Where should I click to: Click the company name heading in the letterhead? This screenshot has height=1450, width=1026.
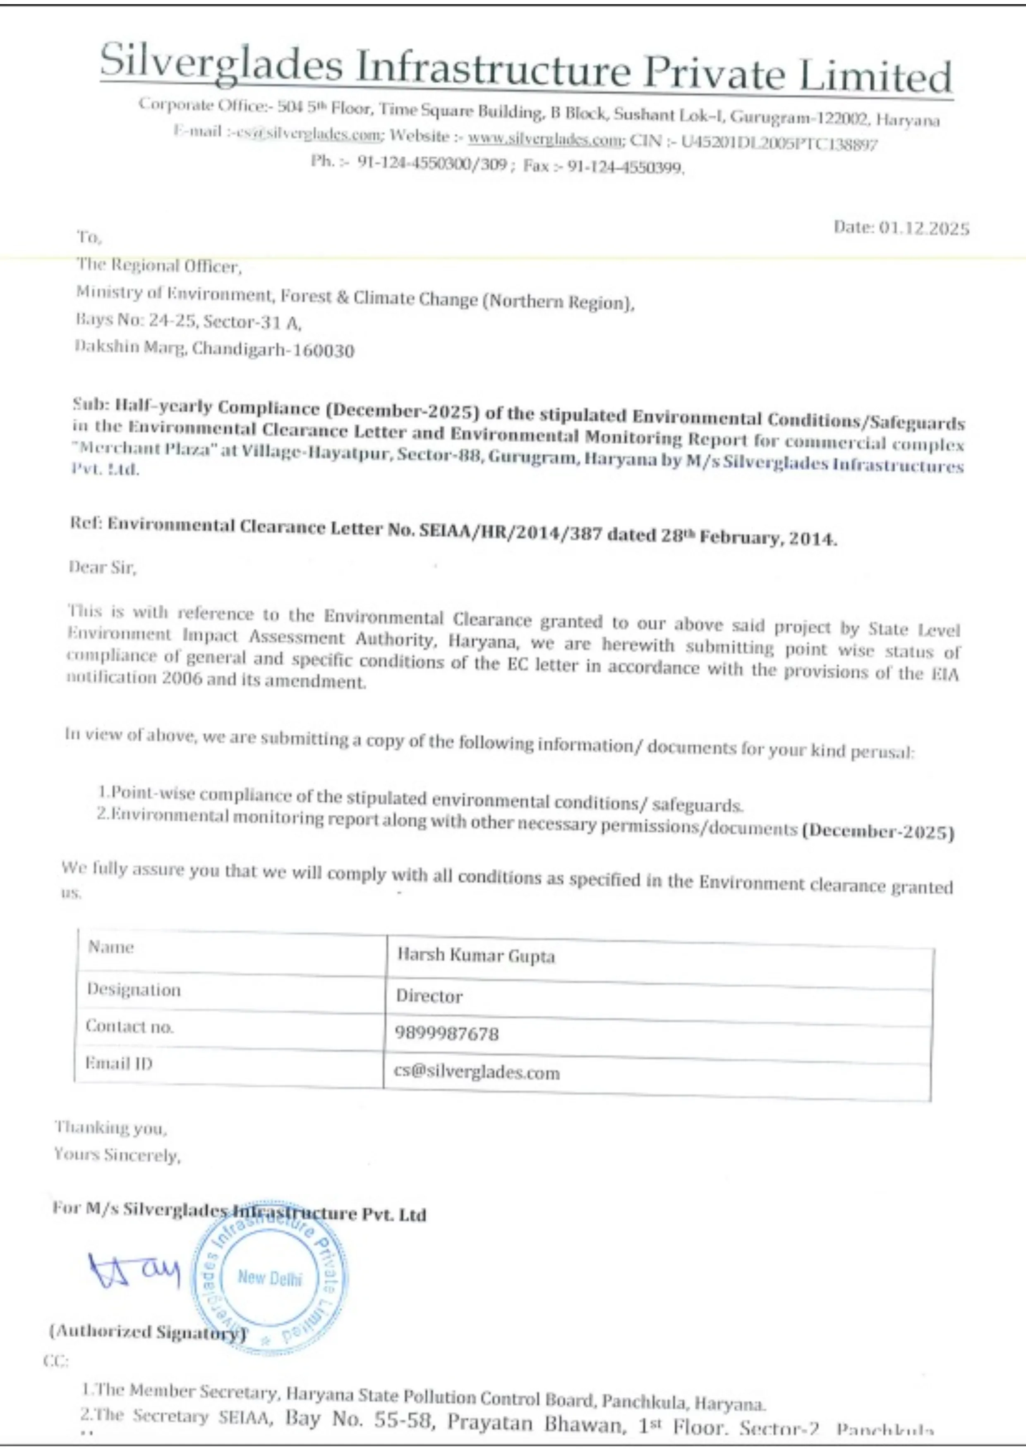[x=526, y=68]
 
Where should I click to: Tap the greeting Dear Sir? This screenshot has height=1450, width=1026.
[x=102, y=567]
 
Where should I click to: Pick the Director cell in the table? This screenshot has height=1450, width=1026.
[x=429, y=996]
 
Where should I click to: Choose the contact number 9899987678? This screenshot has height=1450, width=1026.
[x=447, y=1033]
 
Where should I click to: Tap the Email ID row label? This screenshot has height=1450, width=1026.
[x=119, y=1063]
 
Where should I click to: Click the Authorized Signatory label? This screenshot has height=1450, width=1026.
[x=146, y=1332]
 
